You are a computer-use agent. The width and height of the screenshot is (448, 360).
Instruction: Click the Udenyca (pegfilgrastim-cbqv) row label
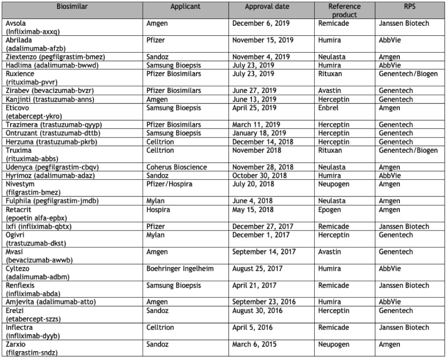point(49,167)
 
